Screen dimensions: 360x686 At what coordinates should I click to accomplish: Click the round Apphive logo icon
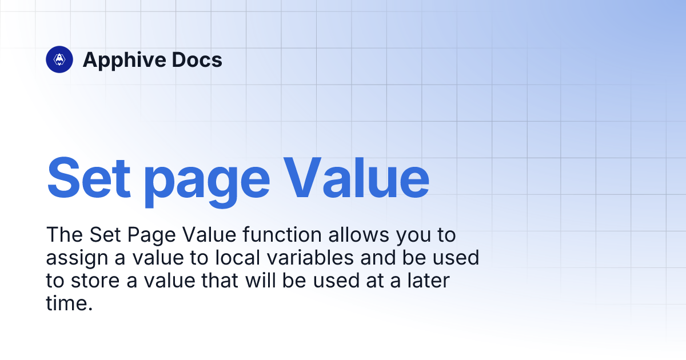59,59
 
